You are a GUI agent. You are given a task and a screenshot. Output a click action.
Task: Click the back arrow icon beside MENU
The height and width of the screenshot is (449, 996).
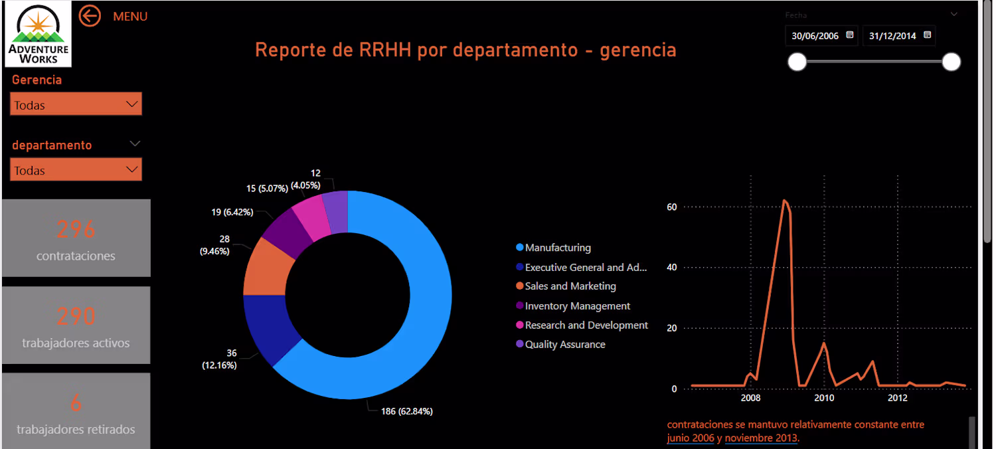pyautogui.click(x=90, y=16)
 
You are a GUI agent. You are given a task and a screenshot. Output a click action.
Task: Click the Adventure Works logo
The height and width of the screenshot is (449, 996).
pyautogui.click(x=39, y=34)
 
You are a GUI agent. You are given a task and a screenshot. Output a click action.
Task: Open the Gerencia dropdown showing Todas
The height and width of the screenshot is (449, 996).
pyautogui.click(x=76, y=104)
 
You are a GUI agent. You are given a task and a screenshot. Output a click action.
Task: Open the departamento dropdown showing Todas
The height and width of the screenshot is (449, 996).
pyautogui.click(x=76, y=169)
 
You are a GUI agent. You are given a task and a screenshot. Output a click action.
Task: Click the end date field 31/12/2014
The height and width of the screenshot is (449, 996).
pyautogui.click(x=899, y=36)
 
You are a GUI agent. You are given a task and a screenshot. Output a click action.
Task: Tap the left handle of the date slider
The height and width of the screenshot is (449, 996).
pyautogui.click(x=797, y=62)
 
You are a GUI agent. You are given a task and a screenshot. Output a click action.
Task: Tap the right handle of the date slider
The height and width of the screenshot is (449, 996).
pyautogui.click(x=951, y=62)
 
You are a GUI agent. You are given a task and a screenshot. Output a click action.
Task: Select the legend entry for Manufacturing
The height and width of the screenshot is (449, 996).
pyautogui.click(x=554, y=248)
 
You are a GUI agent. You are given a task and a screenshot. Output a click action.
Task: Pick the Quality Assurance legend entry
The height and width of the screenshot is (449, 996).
pyautogui.click(x=560, y=344)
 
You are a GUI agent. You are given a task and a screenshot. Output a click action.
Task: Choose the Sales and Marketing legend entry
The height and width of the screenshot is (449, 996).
pyautogui.click(x=566, y=286)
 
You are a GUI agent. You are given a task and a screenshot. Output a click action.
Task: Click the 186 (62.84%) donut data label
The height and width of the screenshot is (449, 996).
pyautogui.click(x=407, y=411)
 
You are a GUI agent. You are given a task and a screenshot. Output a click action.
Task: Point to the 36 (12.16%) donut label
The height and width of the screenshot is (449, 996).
pyautogui.click(x=220, y=359)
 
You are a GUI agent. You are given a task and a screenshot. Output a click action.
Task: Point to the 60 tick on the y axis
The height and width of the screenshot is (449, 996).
pyautogui.click(x=671, y=207)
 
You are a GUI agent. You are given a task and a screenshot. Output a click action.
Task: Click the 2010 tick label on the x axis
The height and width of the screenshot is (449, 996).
pyautogui.click(x=824, y=398)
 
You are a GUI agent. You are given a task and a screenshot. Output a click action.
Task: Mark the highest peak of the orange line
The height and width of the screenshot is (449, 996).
pyautogui.click(x=784, y=200)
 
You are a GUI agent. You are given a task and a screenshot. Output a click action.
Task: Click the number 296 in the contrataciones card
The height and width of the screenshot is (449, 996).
pyautogui.click(x=76, y=230)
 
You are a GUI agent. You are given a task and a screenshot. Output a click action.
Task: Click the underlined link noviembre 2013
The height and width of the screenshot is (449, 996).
pyautogui.click(x=761, y=438)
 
